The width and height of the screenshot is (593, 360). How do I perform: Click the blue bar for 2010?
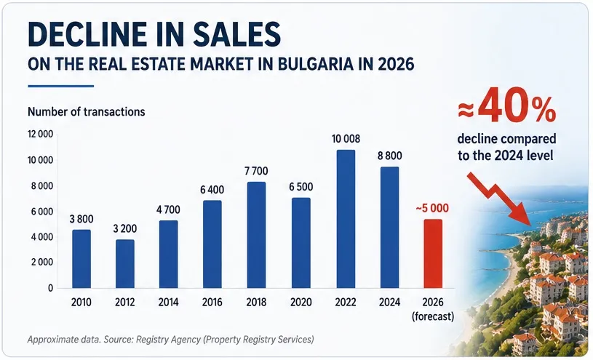(81, 259)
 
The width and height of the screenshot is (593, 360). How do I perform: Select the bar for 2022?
(346, 219)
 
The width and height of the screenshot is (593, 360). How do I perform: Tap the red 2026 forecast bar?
(433, 253)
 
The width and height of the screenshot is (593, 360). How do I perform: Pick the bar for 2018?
(256, 235)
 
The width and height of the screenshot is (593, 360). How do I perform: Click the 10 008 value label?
(346, 139)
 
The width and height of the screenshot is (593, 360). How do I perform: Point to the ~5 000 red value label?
(432, 208)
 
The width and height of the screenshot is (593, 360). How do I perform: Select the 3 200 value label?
(125, 228)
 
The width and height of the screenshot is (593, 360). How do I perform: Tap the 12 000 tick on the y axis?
(40, 135)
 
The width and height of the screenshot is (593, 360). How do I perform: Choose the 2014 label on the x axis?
(169, 302)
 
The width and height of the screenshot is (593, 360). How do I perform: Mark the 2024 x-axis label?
(389, 302)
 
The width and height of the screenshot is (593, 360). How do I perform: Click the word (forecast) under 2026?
(433, 316)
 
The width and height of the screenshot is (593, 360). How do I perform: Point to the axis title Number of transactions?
(87, 112)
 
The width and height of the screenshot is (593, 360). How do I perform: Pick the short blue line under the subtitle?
(61, 87)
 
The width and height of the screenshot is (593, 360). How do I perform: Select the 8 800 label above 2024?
(389, 156)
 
